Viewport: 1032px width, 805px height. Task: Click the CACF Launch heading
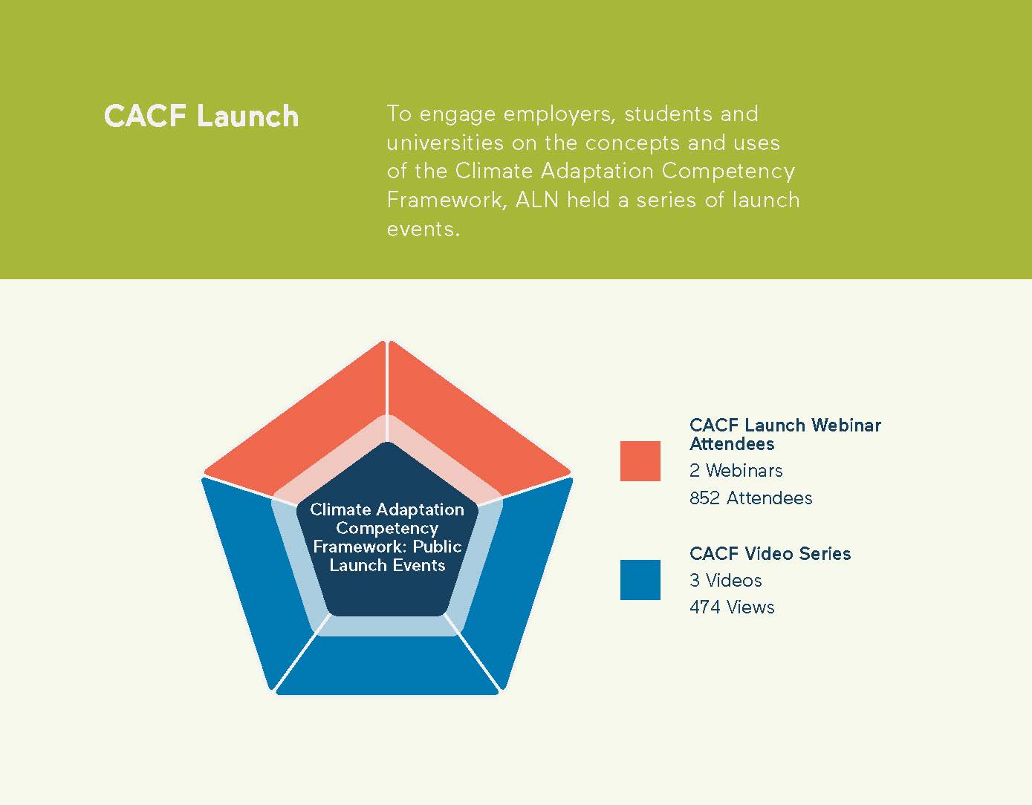tap(201, 117)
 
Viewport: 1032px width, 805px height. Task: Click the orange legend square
tap(640, 461)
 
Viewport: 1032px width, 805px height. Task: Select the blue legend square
tap(640, 579)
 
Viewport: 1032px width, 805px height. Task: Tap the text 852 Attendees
tap(750, 498)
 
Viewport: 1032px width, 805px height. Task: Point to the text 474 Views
tap(731, 607)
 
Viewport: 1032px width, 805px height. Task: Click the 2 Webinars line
tap(736, 471)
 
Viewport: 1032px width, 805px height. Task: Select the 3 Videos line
tap(725, 581)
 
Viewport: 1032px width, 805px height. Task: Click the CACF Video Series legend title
tap(770, 554)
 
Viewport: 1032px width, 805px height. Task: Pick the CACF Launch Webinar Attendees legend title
tap(785, 434)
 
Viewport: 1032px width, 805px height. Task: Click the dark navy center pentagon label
tap(387, 537)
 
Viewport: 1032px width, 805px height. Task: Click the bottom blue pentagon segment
tap(387, 665)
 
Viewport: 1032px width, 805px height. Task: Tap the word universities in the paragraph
tap(444, 143)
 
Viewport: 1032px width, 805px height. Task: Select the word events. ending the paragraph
tap(423, 229)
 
